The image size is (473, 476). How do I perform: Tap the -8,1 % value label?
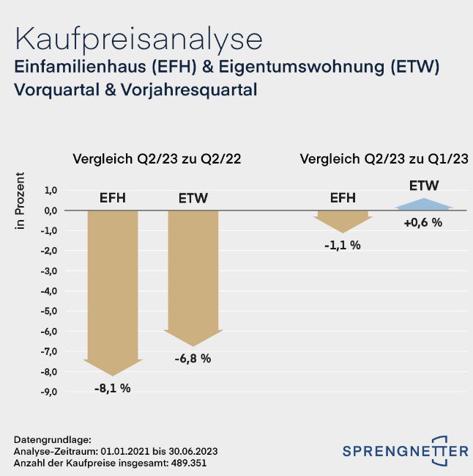click(112, 388)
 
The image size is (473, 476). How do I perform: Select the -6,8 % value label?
click(193, 359)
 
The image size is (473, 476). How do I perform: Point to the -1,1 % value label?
click(343, 246)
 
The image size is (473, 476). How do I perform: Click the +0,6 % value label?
click(422, 222)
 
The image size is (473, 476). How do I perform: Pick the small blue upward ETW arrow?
click(423, 205)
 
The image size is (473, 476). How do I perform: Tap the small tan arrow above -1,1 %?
click(343, 219)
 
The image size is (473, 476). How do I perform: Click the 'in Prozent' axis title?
click(21, 200)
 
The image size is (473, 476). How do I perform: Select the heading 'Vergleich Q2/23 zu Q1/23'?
click(384, 159)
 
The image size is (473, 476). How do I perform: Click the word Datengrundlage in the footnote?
click(48, 438)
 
